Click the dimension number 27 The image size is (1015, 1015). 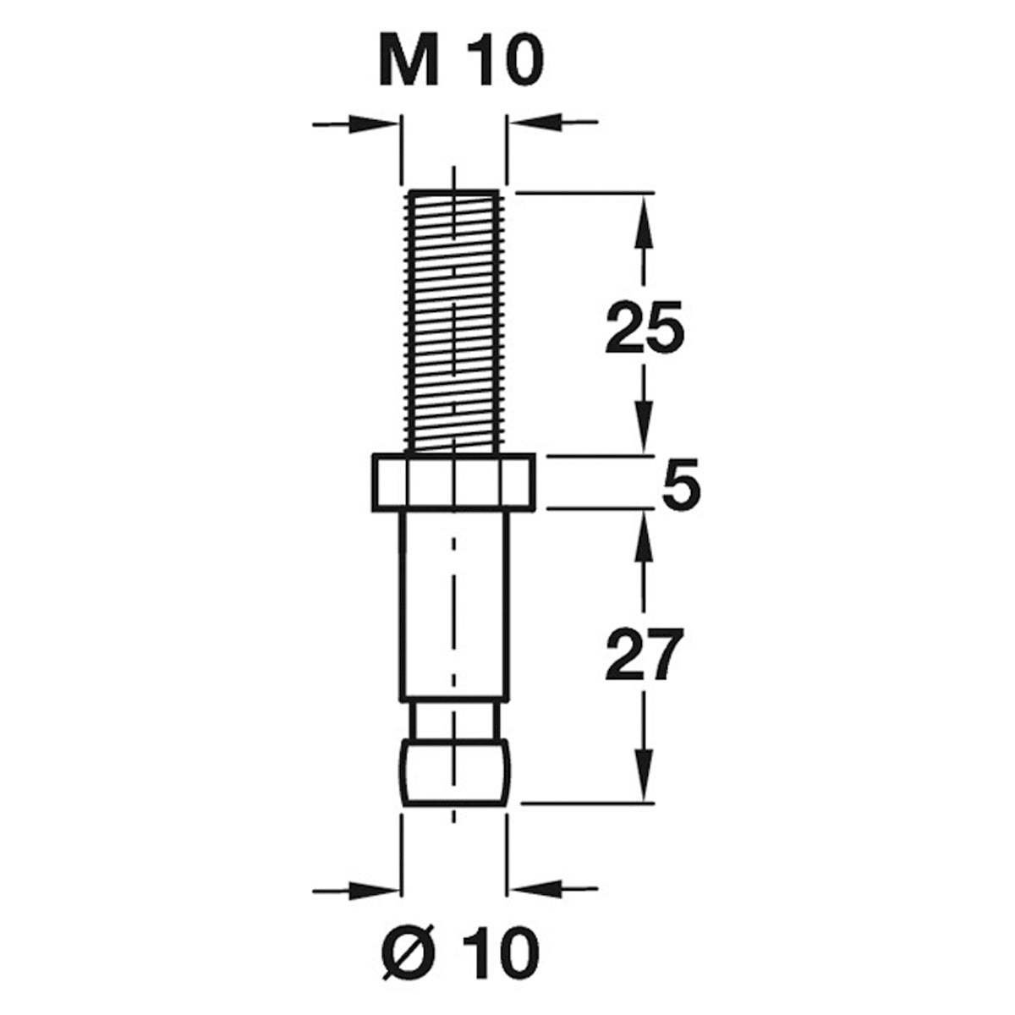tap(645, 656)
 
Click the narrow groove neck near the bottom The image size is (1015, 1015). tap(454, 721)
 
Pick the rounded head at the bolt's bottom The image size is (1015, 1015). tap(454, 771)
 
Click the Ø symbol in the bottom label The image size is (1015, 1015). tap(407, 953)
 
